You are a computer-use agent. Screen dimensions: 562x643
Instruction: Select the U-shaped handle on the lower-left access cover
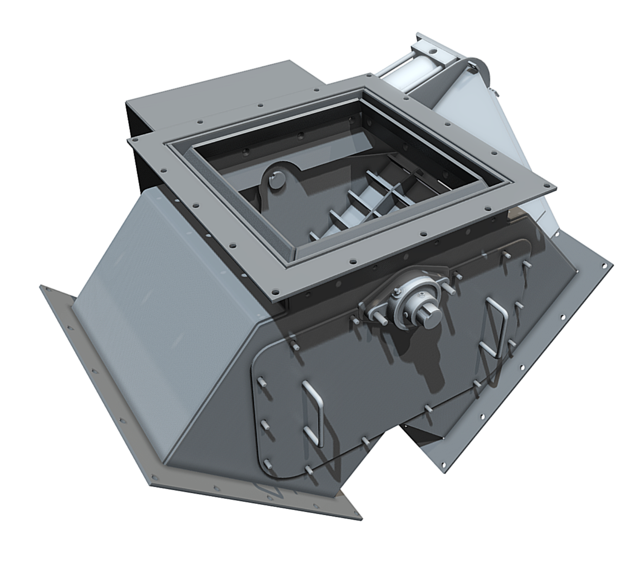[x=313, y=413]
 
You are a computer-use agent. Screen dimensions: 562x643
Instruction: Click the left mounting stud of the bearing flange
[x=362, y=305]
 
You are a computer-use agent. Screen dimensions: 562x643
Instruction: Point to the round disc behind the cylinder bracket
[x=483, y=71]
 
